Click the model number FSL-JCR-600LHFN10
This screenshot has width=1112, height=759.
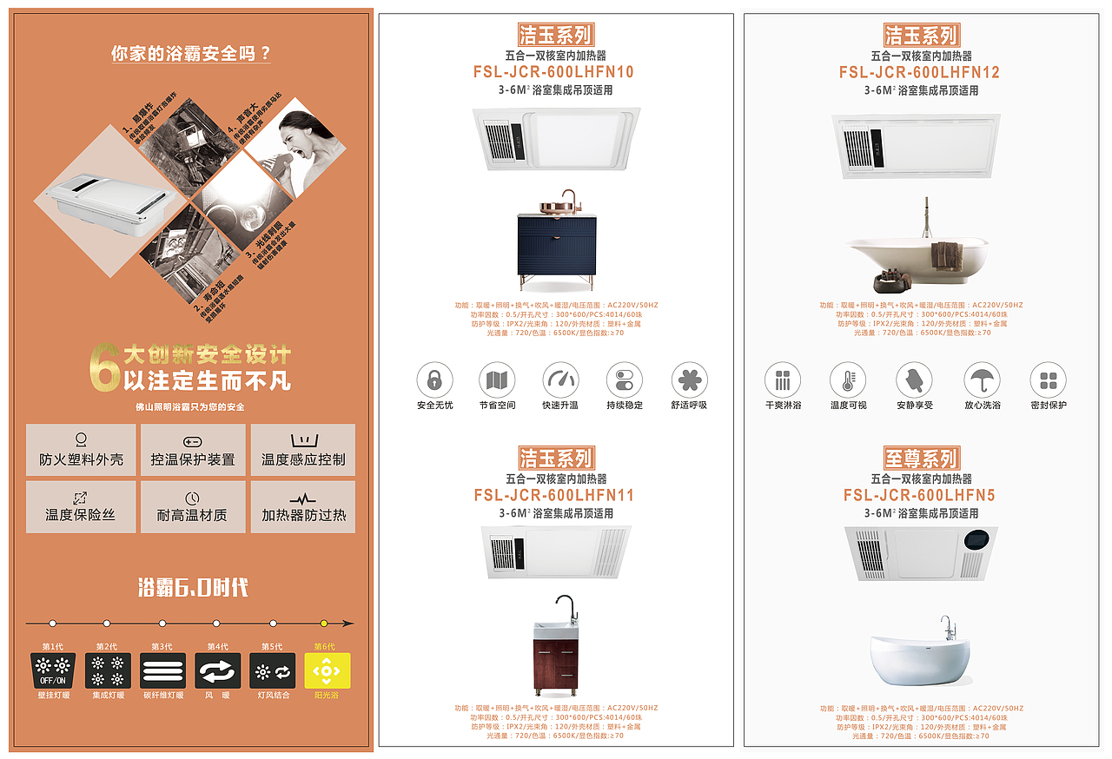pos(553,72)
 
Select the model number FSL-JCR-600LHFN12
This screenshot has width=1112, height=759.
pos(919,72)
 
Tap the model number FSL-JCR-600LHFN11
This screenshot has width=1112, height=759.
pos(553,495)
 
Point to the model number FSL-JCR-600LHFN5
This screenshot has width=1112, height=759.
pos(919,495)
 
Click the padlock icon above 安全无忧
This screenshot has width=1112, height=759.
pos(434,380)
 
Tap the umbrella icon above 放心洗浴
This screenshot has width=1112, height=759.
pos(982,380)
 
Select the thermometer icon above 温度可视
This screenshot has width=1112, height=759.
pos(848,380)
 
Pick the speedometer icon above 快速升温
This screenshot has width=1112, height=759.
pos(560,380)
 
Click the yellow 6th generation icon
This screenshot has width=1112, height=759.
pos(327,670)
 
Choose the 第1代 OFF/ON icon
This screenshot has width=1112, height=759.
pos(53,670)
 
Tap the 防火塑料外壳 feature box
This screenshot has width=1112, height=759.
pos(81,450)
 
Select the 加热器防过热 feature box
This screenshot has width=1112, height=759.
pos(303,506)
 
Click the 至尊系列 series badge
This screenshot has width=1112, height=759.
pos(921,458)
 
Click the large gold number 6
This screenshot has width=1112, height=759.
pos(104,368)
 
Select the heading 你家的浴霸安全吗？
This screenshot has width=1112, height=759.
pos(191,53)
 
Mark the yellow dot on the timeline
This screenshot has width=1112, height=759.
pos(324,623)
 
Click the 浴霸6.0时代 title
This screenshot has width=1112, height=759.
pos(193,588)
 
